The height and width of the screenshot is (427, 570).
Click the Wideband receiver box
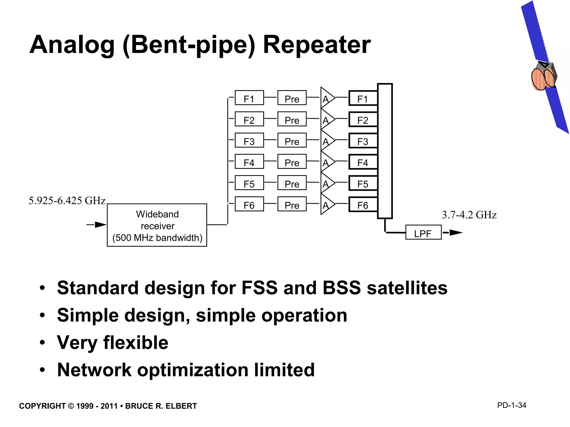click(157, 225)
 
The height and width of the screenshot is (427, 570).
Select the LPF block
click(423, 232)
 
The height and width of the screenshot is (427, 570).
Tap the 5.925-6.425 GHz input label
click(67, 201)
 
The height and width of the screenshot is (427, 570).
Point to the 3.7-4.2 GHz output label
click(469, 215)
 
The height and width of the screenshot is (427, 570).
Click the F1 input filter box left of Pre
click(249, 98)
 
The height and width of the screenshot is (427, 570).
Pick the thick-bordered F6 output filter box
click(363, 205)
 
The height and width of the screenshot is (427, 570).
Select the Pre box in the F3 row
click(292, 140)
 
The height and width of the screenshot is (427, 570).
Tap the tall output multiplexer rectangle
click(385, 151)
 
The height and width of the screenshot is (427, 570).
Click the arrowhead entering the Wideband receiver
click(100, 225)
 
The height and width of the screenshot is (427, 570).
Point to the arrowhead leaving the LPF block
click(455, 232)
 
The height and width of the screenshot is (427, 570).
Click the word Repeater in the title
click(317, 45)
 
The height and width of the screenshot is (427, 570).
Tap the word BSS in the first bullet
click(342, 288)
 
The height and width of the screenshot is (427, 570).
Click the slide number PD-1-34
click(512, 405)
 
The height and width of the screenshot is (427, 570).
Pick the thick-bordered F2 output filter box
click(363, 120)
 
